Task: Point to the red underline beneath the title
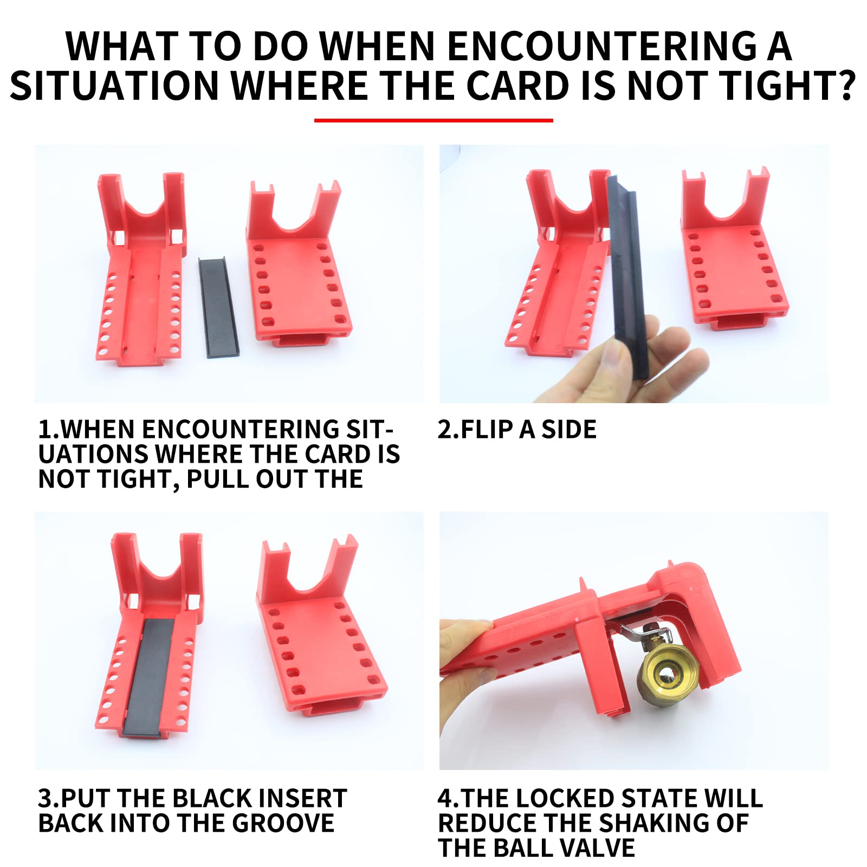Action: tap(433, 120)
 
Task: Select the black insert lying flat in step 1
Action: tap(218, 307)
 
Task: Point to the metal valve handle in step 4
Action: tap(645, 631)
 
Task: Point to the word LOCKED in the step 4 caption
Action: tap(568, 798)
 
